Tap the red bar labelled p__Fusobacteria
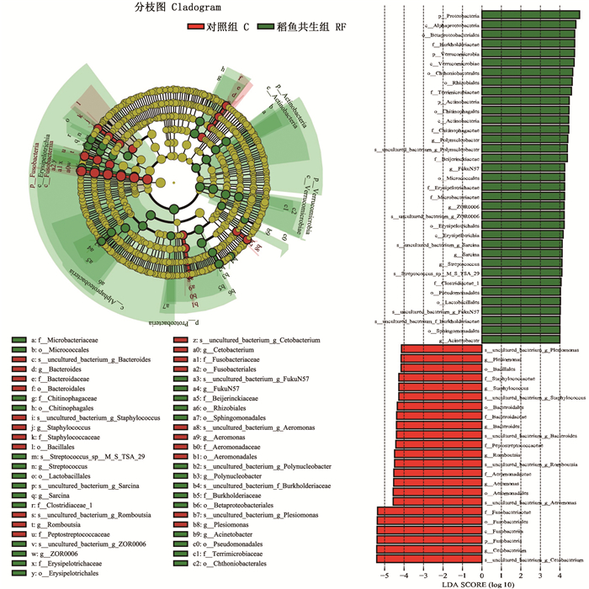pos(429,540)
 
